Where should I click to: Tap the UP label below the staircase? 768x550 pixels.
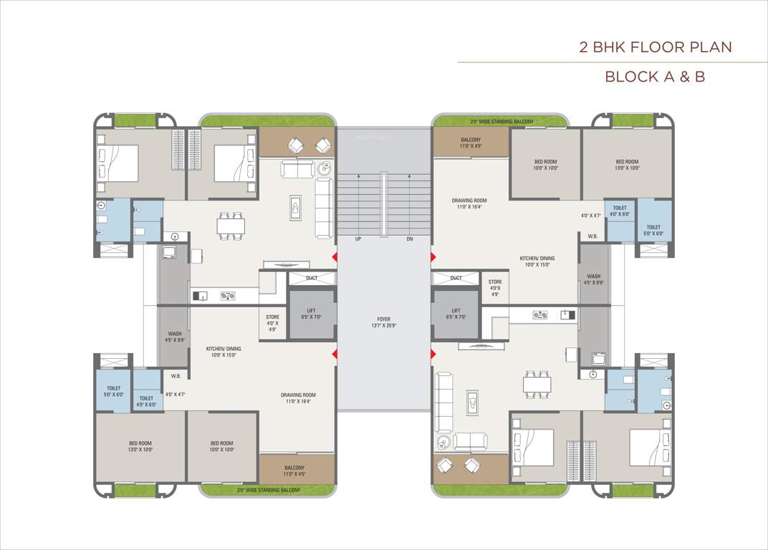pos(357,239)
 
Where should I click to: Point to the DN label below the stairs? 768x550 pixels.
pos(410,239)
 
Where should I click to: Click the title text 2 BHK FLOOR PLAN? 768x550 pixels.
pos(656,47)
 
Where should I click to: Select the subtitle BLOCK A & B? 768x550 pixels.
pos(655,77)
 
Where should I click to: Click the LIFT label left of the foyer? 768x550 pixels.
pos(312,313)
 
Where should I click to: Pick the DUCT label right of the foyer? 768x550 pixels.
pos(456,278)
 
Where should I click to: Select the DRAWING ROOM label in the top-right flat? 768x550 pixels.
pos(469,204)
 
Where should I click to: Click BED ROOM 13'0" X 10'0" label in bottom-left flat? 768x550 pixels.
pos(140,446)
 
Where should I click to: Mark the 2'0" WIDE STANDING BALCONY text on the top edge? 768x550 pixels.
pos(501,122)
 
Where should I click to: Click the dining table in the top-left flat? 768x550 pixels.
pos(231,226)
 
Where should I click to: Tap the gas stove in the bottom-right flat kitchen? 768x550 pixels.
pos(540,314)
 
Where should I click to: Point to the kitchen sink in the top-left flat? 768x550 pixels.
pos(201,294)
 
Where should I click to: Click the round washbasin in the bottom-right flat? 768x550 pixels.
pos(593,374)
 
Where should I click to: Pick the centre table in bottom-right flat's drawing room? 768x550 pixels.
pos(472,402)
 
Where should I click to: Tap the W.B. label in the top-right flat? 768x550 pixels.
pos(592,236)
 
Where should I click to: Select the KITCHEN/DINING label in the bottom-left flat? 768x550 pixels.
pos(224,352)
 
